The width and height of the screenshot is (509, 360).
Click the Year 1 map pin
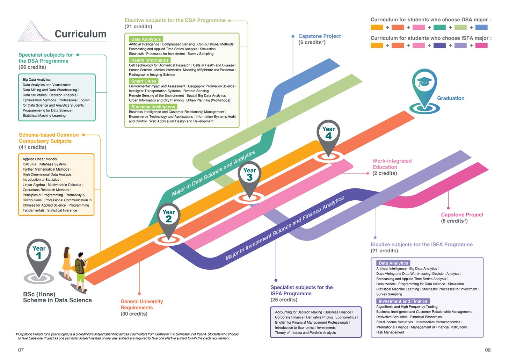pyautogui.click(x=39, y=255)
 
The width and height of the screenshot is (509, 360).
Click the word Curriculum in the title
pyautogui.click(x=80, y=34)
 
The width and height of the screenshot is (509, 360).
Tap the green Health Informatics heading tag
pyautogui.click(x=150, y=60)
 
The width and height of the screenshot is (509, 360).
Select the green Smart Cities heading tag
pyautogui.click(x=144, y=81)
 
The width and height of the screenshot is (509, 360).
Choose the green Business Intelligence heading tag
pyautogui.click(x=153, y=107)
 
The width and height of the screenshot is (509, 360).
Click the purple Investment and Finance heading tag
pyautogui.click(x=403, y=301)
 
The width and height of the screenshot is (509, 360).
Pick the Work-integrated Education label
pyautogui.click(x=392, y=164)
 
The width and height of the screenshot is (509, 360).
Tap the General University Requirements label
pyautogui.click(x=141, y=304)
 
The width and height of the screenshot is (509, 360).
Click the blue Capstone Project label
pyautogui.click(x=319, y=36)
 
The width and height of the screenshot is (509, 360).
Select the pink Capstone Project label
pyautogui.click(x=462, y=215)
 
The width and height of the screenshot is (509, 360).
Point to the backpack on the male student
pyautogui.click(x=79, y=266)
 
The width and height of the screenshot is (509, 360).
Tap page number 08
pyautogui.click(x=488, y=350)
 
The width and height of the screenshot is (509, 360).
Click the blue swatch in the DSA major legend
pyautogui.click(x=481, y=27)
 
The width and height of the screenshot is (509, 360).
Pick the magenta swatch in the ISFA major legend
pyautogui.click(x=481, y=45)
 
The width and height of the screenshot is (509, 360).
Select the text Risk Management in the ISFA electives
pyautogui.click(x=390, y=332)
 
